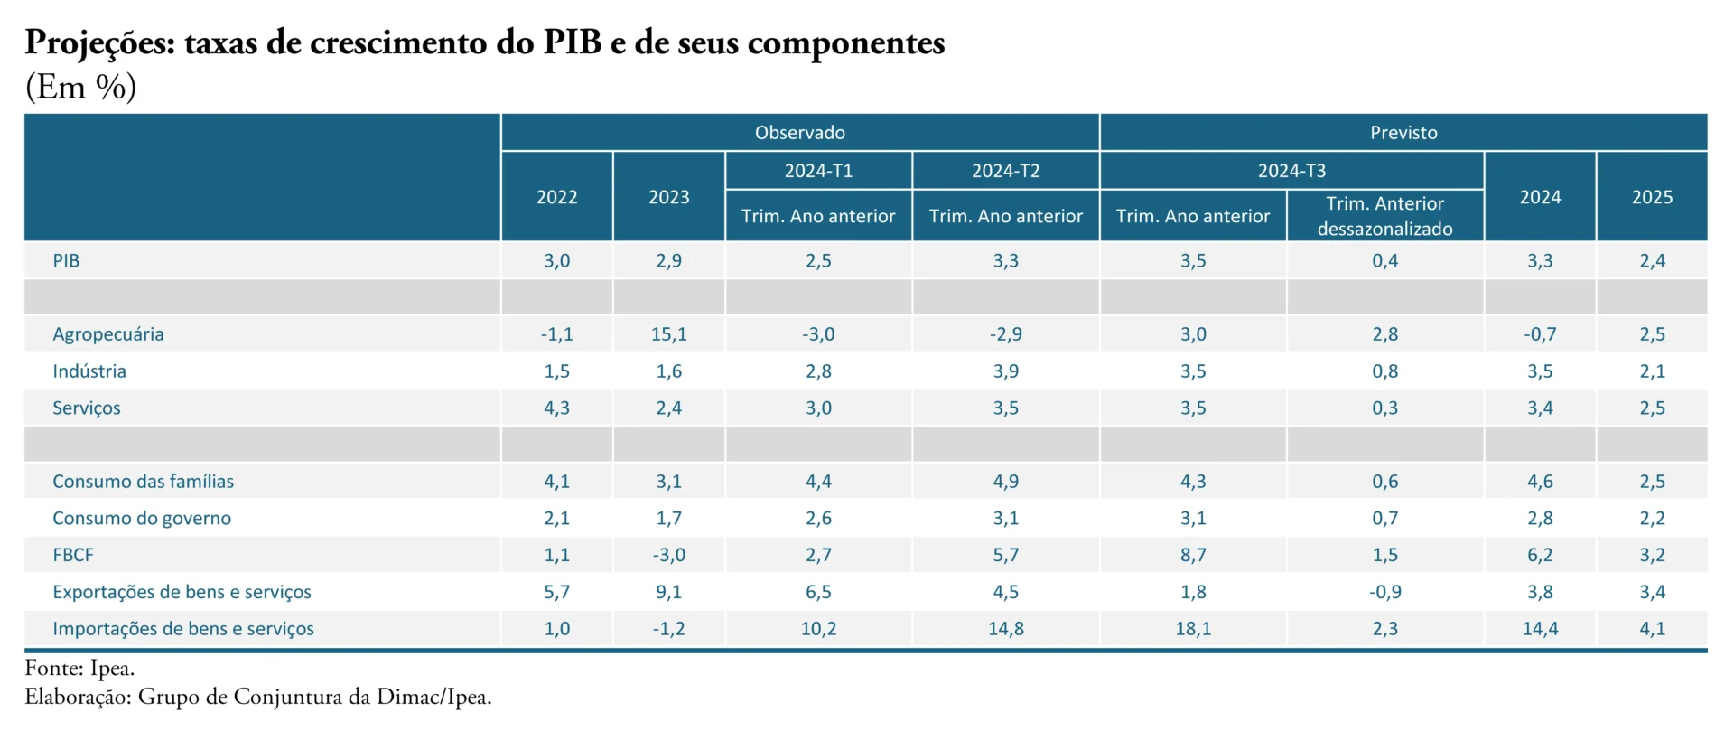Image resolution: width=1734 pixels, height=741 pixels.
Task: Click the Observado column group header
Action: tap(800, 133)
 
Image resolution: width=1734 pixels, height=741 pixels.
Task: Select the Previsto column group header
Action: tap(1403, 133)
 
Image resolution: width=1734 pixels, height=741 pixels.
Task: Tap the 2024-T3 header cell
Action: tap(1291, 171)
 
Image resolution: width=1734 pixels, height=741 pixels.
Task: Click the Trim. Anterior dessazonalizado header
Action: tap(1384, 216)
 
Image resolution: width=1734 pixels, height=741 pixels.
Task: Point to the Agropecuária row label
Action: tap(108, 334)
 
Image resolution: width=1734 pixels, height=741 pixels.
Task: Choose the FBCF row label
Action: tap(73, 555)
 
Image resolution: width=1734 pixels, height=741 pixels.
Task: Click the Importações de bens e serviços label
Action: tap(183, 629)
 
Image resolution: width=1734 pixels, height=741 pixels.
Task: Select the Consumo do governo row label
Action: tap(142, 519)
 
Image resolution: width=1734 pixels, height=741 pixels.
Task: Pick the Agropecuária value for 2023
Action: tap(668, 334)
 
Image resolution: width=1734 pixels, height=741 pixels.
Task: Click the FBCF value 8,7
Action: tap(1193, 555)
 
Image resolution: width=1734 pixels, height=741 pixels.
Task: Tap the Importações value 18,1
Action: tap(1193, 629)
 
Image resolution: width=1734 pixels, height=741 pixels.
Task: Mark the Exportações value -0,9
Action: tap(1384, 592)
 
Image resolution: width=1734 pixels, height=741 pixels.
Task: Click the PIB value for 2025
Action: tap(1652, 261)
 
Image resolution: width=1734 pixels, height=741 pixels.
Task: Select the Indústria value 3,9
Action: tap(1005, 371)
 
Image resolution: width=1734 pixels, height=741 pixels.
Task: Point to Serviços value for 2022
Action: tap(556, 408)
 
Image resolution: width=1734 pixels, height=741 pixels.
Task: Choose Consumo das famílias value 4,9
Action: tap(1005, 482)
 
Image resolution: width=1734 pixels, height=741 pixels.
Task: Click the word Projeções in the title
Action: tap(100, 43)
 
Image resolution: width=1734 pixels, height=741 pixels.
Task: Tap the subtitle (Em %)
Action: tap(81, 87)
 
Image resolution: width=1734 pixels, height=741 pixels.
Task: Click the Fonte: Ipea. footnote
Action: tap(79, 669)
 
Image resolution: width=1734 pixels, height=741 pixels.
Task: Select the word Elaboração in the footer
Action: tap(79, 698)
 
